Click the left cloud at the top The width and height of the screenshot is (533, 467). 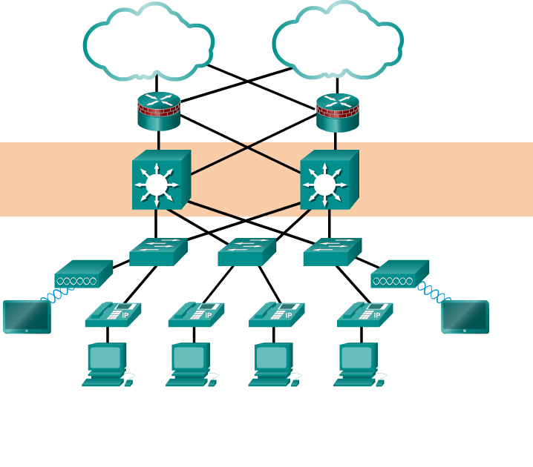(x=148, y=42)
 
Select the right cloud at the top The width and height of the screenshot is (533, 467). (x=338, y=41)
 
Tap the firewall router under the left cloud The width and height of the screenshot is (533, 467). (x=159, y=111)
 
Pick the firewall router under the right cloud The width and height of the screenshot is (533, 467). (x=337, y=112)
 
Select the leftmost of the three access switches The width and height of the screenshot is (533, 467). (x=158, y=252)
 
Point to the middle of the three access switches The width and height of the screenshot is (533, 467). (x=246, y=252)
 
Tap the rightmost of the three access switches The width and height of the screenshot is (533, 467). (x=332, y=252)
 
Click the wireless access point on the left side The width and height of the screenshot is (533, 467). (x=83, y=274)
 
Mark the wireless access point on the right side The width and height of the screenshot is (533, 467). (x=399, y=274)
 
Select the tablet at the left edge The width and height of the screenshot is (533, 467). (x=27, y=317)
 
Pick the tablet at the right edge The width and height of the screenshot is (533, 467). (x=465, y=317)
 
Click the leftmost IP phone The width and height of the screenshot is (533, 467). (x=113, y=314)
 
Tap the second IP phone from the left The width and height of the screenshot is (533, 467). (x=196, y=314)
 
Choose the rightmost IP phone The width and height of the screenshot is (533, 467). (x=365, y=314)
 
